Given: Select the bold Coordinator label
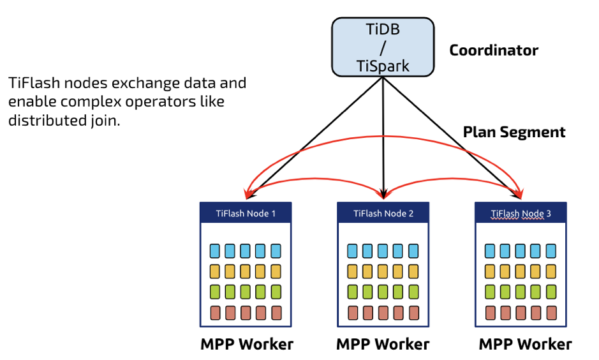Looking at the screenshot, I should pos(494,50).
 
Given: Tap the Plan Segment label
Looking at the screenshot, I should pos(514,132).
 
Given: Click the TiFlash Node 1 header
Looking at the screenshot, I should pos(246,213).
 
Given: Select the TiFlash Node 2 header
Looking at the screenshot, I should pos(383,213).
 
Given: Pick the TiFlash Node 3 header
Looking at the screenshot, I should pos(521,213).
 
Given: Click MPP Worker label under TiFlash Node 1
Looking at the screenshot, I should pos(247,344).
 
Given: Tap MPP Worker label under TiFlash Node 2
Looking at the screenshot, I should pos(383,344).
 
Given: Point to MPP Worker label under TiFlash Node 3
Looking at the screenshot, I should pos(525,344).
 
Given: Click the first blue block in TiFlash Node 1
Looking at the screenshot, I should pos(215,250).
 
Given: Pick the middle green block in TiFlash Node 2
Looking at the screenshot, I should pos(383,292).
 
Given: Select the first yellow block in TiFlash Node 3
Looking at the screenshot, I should pos(491,271).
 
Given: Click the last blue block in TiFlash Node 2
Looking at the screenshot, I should pos(413,250).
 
